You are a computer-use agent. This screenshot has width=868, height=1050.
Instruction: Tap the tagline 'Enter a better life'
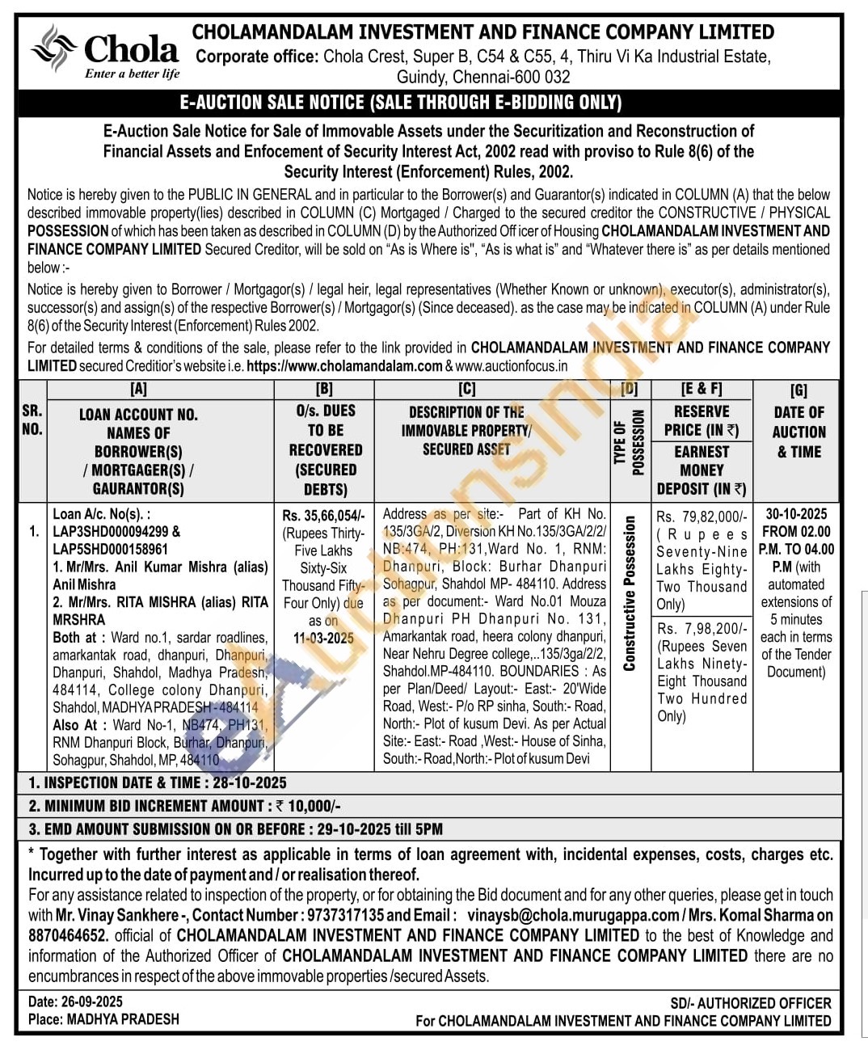coord(132,74)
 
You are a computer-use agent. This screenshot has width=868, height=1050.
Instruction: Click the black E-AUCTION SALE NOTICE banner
coord(401,103)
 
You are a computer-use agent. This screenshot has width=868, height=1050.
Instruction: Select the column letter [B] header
coord(324,390)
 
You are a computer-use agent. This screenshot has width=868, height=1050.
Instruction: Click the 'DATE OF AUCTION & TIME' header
coord(798,432)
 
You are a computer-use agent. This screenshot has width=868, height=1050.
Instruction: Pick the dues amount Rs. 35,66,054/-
coord(323,516)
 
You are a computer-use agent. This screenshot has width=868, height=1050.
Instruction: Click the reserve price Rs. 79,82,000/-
coord(702,517)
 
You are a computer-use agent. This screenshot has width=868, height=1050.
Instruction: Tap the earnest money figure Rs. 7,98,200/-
coord(701,628)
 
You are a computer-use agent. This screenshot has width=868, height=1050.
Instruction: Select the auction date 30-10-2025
coord(797,514)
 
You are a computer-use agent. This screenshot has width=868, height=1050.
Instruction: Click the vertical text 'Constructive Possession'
coord(629,594)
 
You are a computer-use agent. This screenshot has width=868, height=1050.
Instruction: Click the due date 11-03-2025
coord(323,638)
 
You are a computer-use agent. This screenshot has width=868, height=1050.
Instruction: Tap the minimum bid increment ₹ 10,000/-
coord(308,806)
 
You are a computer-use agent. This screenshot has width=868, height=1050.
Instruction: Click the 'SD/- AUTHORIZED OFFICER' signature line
coord(749,1002)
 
